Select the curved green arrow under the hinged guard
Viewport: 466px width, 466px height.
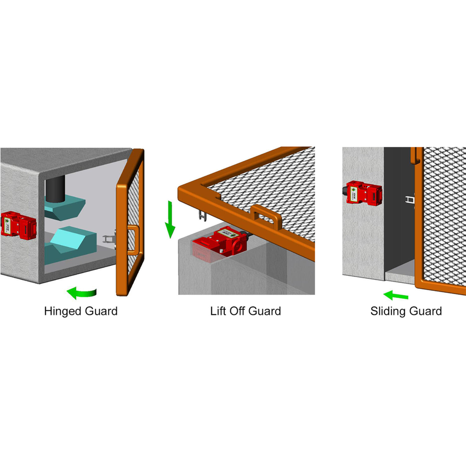tap(81, 293)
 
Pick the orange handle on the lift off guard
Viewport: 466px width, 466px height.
tap(267, 216)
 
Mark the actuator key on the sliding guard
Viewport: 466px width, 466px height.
tap(410, 199)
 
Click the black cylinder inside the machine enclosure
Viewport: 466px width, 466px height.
tap(55, 188)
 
